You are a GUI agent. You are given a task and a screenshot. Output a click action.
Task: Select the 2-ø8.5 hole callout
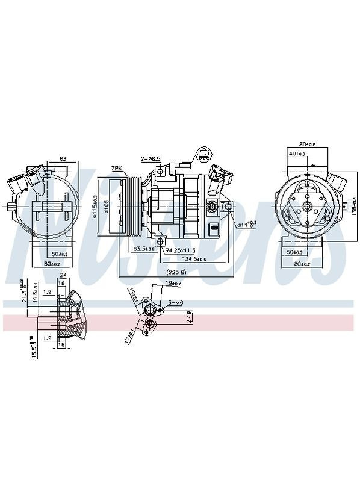[151, 158]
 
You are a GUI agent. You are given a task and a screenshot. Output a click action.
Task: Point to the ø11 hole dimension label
[246, 225]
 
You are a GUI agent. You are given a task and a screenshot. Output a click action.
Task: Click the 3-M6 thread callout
[175, 303]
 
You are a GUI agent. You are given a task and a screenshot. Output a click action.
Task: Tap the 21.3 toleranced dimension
[23, 290]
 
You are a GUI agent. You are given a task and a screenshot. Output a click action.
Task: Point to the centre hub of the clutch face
[305, 207]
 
